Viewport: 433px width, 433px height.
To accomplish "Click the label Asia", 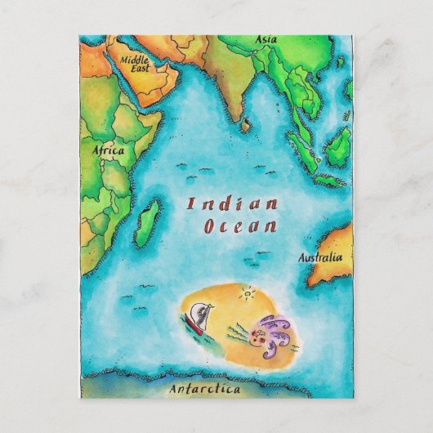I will [266, 39].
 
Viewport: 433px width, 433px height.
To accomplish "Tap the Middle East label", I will [135, 64].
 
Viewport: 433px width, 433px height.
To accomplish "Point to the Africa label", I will [107, 151].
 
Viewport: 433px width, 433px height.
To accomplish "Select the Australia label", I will [319, 258].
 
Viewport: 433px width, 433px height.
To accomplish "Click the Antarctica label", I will [204, 389].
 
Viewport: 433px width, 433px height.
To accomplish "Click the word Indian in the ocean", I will [232, 204].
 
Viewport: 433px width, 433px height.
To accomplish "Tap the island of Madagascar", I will [147, 222].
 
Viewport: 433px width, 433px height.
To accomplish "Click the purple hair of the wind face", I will [282, 326].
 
